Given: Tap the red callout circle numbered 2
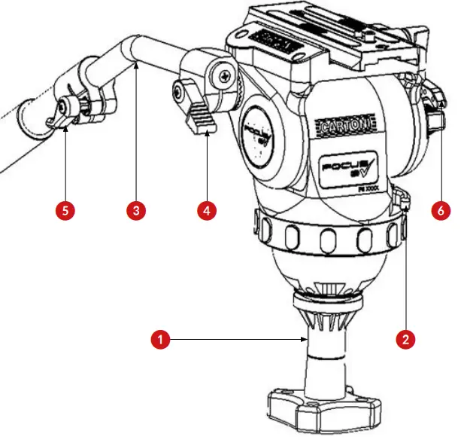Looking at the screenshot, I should [x=405, y=339].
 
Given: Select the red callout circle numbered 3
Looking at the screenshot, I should [x=135, y=210].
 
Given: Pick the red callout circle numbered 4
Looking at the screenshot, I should [x=206, y=210].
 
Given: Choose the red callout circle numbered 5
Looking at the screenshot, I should [x=65, y=210].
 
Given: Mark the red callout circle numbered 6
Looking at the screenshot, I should [x=441, y=210].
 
